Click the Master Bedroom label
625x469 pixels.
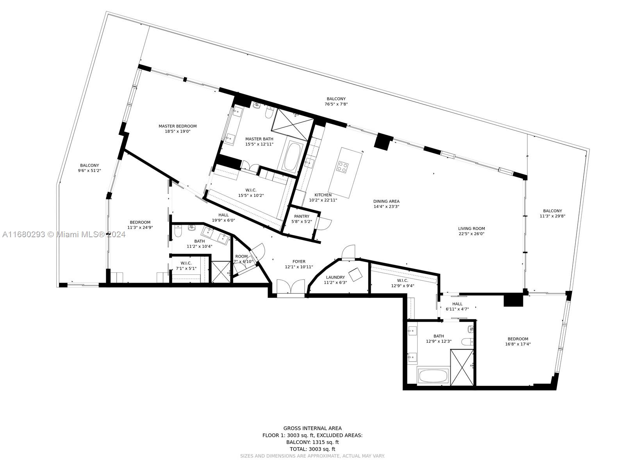coord(177,126)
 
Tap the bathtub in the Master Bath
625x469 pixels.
coord(291,156)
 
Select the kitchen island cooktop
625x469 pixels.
coord(342,167)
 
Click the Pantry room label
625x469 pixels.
coord(302,217)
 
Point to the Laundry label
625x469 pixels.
coord(336,277)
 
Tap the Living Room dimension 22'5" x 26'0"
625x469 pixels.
coord(471,234)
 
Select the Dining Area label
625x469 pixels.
coord(386,201)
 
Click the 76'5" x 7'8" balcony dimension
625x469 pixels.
coord(336,104)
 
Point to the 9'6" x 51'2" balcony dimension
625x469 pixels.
coord(89,170)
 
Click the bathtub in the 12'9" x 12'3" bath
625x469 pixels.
coord(433,376)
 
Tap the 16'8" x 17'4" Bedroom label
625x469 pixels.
coord(518,339)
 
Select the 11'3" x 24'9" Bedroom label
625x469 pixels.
coord(140,222)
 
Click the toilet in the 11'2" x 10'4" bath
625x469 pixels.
coord(177,231)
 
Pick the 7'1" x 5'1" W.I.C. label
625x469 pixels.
coord(186,263)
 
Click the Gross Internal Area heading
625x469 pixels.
coord(312,428)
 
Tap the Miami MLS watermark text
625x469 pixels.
coord(64,234)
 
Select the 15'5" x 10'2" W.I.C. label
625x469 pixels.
coord(251,190)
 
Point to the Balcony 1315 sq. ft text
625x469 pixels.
coord(312,442)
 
